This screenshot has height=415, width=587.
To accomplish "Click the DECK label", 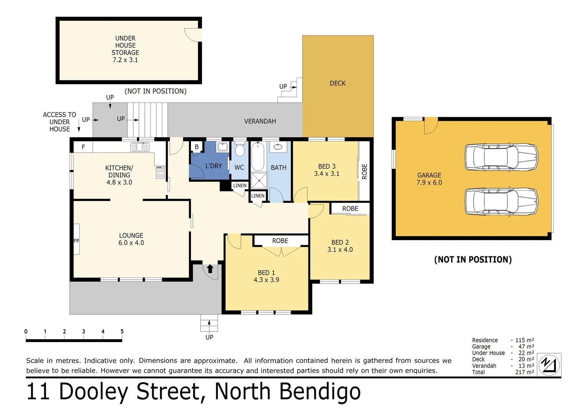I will pos(338,83).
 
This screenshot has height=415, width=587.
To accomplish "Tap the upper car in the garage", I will pos(501,157).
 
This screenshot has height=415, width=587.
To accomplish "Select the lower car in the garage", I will pos(501,201).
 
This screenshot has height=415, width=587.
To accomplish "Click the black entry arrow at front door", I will pos(210,269).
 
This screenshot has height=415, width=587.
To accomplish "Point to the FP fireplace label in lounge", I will pos(76,241).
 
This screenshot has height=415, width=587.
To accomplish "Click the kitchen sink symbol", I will pos(140,147).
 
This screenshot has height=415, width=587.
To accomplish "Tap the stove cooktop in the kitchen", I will pos(160,173).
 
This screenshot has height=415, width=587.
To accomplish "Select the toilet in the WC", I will pos(240,149).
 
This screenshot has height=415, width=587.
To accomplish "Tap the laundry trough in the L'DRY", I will pos(222,146).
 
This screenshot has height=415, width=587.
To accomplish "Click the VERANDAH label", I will pos(260,121).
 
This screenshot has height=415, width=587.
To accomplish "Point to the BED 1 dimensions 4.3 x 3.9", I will pos(266,280).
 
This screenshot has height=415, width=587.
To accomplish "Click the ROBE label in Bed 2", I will pos(350,209).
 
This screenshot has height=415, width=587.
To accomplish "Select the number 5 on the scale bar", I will pos(122,332).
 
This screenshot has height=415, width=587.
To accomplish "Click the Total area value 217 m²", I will pos(524,372).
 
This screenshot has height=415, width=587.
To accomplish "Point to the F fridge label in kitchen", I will pos(83,147).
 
